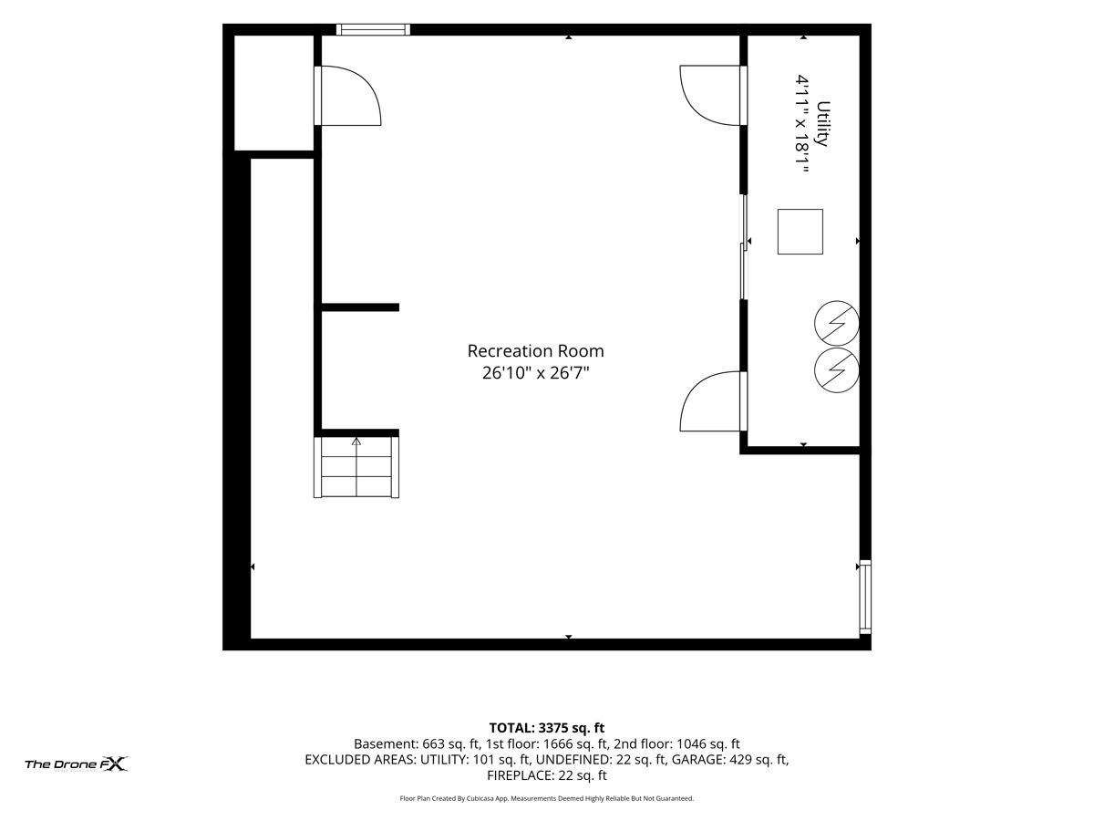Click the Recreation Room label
(535, 351)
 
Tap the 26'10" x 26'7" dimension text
(535, 373)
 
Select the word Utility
(823, 124)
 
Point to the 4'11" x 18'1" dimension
(801, 124)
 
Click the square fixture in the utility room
(800, 232)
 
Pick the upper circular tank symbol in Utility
(836, 323)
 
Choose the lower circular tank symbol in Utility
(836, 369)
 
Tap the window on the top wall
(373, 29)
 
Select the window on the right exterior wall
(865, 597)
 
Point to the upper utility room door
(713, 95)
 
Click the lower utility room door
(713, 400)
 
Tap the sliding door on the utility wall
(744, 246)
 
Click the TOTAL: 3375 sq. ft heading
(547, 728)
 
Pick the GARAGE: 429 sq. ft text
(729, 760)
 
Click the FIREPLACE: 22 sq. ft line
(547, 775)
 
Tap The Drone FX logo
(77, 764)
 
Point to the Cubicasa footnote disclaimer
(547, 798)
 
